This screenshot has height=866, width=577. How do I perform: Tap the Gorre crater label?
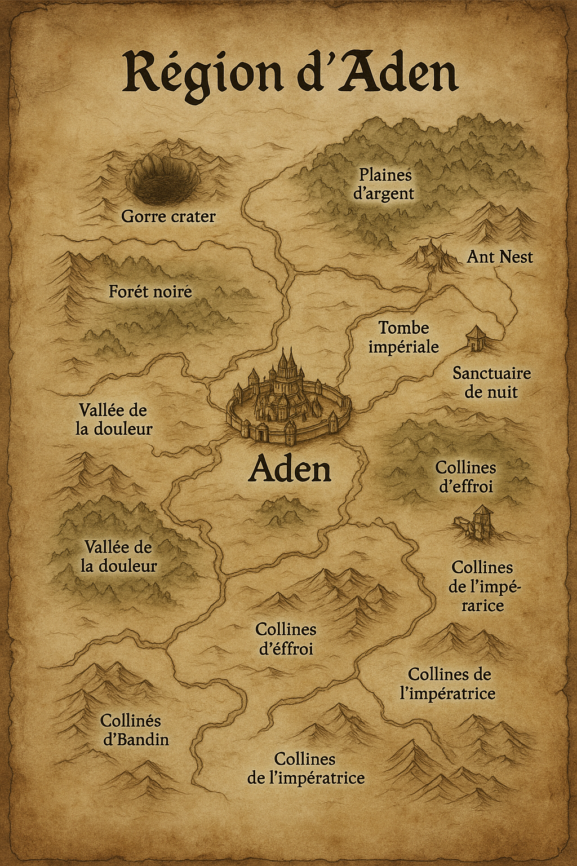pyautogui.click(x=168, y=216)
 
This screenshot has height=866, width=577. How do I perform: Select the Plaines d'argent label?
pyautogui.click(x=384, y=184)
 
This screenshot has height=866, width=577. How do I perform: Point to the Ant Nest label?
pyautogui.click(x=499, y=257)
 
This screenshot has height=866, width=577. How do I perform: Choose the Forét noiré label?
pyautogui.click(x=150, y=291)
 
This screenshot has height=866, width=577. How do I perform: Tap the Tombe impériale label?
pyautogui.click(x=403, y=337)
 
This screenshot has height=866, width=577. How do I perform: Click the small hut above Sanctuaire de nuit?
pyautogui.click(x=475, y=337)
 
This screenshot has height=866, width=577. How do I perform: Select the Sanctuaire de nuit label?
pyautogui.click(x=491, y=382)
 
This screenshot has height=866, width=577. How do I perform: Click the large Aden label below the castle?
pyautogui.click(x=290, y=469)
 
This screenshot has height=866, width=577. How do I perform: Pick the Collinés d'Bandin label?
pyautogui.click(x=134, y=730)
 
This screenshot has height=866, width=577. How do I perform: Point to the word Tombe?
pyautogui.click(x=403, y=328)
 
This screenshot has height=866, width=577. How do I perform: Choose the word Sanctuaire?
pyautogui.click(x=491, y=373)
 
